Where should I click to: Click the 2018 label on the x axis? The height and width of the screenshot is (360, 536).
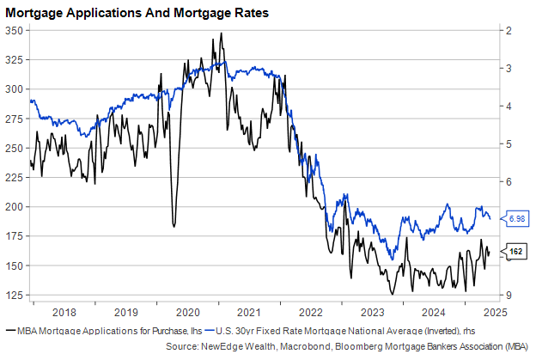click(x=64, y=312)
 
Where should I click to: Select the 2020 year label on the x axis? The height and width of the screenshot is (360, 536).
click(x=187, y=312)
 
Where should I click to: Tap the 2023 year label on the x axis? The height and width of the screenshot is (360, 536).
click(x=372, y=312)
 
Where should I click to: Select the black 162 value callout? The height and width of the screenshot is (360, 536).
click(x=515, y=251)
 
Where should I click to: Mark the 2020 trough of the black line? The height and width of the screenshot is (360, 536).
click(x=174, y=226)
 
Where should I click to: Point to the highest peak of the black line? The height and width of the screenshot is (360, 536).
click(x=221, y=34)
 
